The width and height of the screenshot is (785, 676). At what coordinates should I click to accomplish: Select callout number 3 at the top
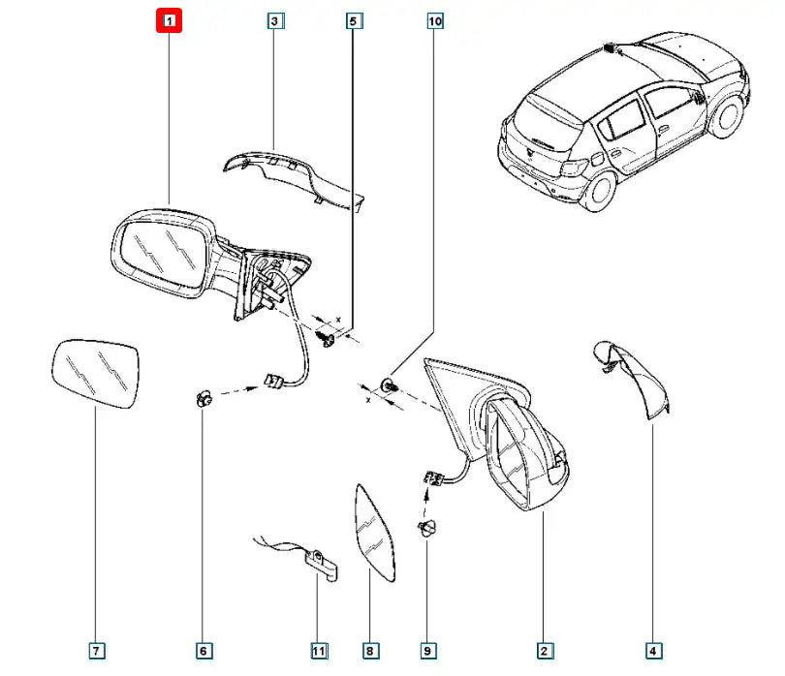tap(275, 20)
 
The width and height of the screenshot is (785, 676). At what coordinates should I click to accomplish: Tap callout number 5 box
tap(354, 20)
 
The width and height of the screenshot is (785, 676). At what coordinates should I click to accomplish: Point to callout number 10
tap(434, 20)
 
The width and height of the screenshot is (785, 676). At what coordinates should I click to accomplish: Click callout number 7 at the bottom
tap(95, 650)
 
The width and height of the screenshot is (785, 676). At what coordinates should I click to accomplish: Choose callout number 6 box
tap(203, 650)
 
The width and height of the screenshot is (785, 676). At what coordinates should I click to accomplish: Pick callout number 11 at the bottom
tap(319, 650)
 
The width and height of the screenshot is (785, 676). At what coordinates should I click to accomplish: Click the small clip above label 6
tap(204, 396)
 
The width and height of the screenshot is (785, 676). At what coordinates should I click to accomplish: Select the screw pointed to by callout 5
tap(328, 339)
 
